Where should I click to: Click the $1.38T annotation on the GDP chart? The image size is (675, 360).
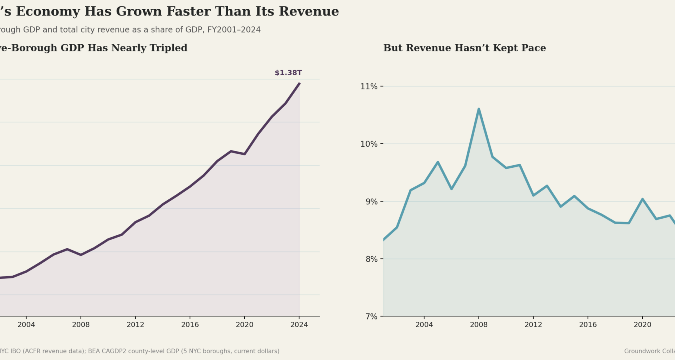(x=288, y=73)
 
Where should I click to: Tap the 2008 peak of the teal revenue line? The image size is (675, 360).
(x=478, y=109)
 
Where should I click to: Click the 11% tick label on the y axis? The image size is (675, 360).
(x=368, y=86)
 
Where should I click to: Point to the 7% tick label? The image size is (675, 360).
(x=371, y=317)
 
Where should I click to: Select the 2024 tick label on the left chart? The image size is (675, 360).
(x=299, y=324)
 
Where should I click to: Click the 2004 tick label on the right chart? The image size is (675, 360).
(x=424, y=324)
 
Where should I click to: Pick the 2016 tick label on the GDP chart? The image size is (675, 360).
(x=190, y=324)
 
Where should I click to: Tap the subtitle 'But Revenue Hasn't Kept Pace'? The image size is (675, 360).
(x=464, y=48)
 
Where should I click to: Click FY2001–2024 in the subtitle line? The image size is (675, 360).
(x=234, y=30)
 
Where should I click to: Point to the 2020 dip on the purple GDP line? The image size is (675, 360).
(x=244, y=154)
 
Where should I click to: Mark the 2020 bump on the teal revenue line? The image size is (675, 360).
(x=642, y=199)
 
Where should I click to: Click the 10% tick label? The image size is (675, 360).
(x=368, y=144)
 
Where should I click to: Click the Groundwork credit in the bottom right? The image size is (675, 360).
(x=649, y=351)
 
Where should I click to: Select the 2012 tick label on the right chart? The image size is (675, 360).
(x=533, y=324)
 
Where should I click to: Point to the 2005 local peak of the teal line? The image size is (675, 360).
(x=438, y=162)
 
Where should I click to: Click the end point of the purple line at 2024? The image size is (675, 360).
(x=299, y=83)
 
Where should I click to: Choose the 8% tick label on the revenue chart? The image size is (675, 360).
(x=371, y=259)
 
